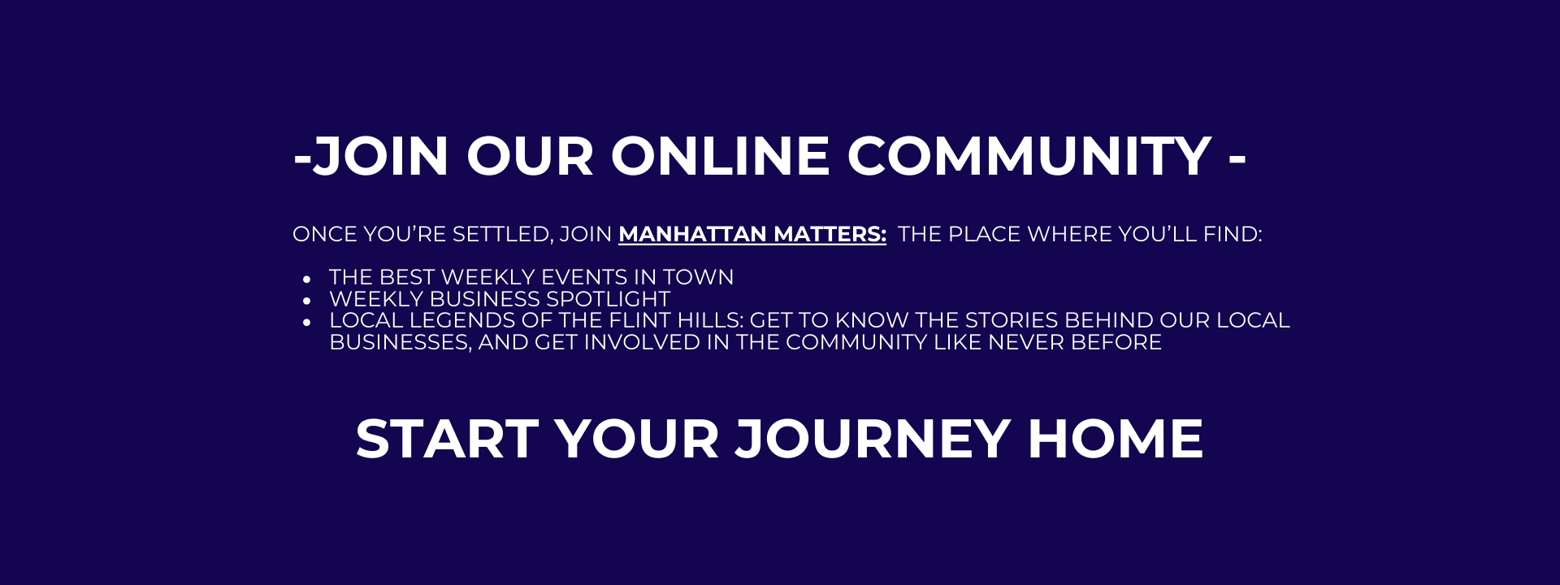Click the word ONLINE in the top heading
click(721, 156)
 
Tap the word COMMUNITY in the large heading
click(1029, 156)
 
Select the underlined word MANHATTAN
click(692, 234)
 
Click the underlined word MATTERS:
click(830, 234)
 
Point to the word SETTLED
click(503, 234)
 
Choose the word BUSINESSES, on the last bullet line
click(401, 342)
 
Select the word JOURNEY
click(873, 440)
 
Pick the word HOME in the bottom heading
click(1116, 440)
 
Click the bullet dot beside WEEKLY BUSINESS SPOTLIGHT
click(307, 301)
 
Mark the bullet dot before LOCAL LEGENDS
click(307, 323)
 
